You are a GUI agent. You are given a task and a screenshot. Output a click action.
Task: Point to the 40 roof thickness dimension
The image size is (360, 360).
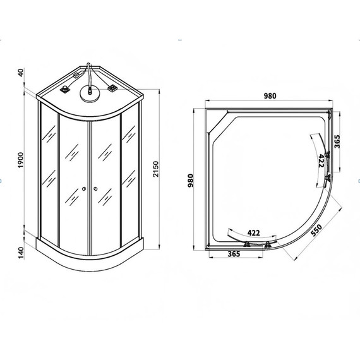coord(20,73)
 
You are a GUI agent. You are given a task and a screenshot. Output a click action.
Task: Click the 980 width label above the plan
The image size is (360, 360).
coord(270,96)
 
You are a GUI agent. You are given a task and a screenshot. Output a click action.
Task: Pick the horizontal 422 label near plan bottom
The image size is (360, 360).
coord(253,232)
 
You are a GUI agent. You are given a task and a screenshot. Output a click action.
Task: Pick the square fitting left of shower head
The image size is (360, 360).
coord(64,90)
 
